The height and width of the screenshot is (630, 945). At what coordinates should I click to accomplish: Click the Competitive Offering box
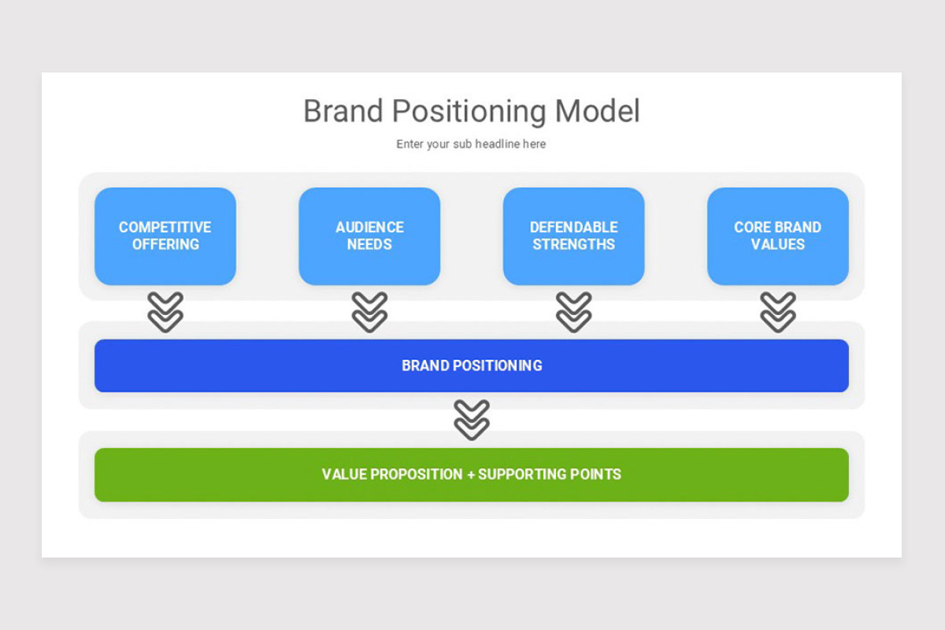point(165,236)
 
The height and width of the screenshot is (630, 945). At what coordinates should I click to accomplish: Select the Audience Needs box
point(369,236)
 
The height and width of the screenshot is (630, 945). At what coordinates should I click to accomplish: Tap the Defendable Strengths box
point(573,236)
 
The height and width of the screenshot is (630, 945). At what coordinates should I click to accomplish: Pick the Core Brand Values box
point(777,236)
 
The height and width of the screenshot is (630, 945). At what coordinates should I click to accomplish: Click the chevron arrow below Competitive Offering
point(165,312)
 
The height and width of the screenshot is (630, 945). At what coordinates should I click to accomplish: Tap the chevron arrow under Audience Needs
point(369,312)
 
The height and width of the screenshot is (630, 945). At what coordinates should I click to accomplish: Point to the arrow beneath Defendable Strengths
point(573,312)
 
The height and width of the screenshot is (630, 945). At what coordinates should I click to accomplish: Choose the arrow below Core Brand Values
point(777,312)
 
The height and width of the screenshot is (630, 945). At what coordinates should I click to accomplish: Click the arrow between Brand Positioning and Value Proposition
point(472,420)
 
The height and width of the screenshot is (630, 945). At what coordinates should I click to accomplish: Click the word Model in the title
point(597,111)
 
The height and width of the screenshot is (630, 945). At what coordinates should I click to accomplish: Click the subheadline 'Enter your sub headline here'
point(471,144)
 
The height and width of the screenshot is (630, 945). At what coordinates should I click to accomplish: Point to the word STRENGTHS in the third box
point(573,245)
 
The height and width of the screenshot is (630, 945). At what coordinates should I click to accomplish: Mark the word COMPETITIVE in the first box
point(165,228)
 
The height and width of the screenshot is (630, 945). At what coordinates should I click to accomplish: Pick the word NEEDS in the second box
point(369,245)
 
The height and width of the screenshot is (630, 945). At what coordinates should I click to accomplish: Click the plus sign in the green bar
point(471,475)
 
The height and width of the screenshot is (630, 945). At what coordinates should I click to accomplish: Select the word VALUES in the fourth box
point(777,245)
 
